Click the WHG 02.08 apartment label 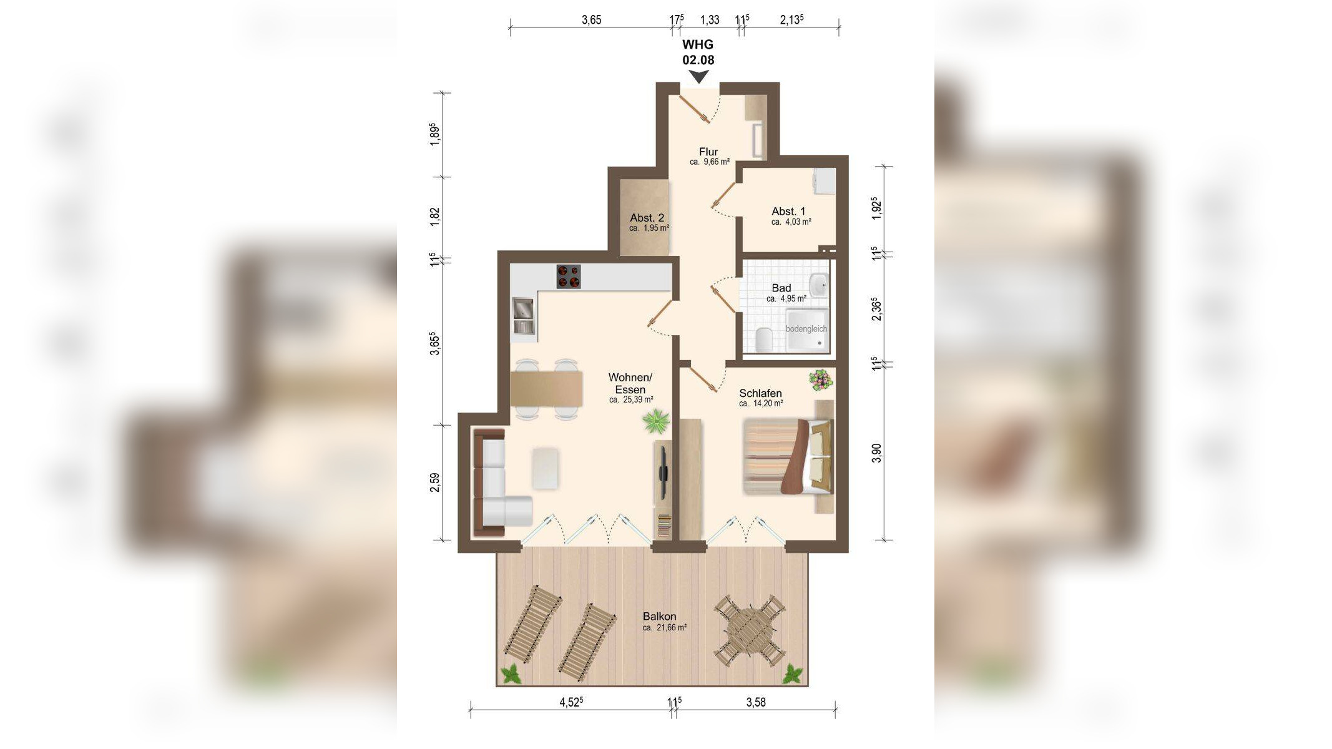pos(698,52)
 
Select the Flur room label pos(708,152)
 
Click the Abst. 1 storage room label pos(788,211)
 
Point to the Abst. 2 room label pos(647,218)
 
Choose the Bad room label pos(781,288)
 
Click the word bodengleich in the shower pos(806,329)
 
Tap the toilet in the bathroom pos(763,339)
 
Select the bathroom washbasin pos(819,285)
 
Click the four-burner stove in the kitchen pos(569,277)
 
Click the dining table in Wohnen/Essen pos(547,389)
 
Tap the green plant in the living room pos(656,421)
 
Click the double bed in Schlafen pos(788,457)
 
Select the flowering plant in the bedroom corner pos(821,379)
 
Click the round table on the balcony pos(750,630)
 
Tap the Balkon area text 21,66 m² pos(665,628)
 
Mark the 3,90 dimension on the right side pos(876,453)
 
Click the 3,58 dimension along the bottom pos(756,702)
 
